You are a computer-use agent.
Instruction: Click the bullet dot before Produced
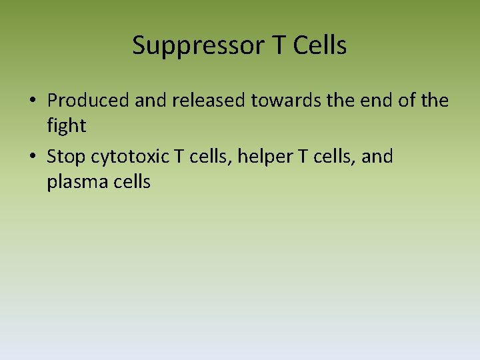32,101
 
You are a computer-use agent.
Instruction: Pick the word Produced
89,101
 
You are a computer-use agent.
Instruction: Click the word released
208,101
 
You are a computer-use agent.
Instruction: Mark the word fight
67,126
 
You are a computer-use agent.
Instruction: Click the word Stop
67,157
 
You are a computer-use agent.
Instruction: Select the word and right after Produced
151,101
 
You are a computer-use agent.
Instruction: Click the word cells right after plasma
131,182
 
